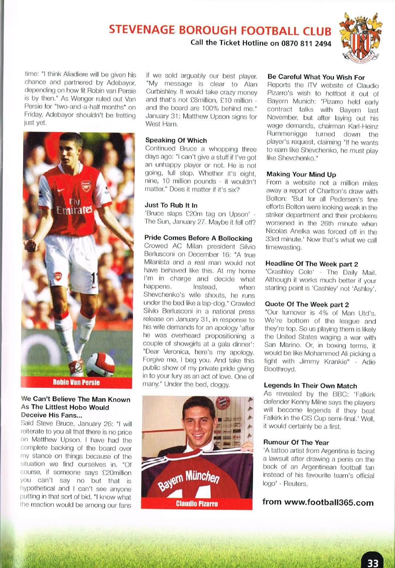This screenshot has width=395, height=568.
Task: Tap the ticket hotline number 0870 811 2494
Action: click(x=306, y=43)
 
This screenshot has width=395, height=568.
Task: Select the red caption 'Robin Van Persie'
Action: click(x=76, y=382)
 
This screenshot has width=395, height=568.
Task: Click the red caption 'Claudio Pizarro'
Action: click(x=197, y=503)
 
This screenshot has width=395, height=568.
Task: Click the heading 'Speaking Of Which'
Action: click(x=176, y=140)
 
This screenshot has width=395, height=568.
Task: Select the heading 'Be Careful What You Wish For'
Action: click(x=316, y=77)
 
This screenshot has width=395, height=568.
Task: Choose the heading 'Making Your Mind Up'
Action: click(x=301, y=174)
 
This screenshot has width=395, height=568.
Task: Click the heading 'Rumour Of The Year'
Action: click(x=296, y=443)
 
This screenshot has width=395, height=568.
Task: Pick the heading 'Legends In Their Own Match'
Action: click(x=310, y=386)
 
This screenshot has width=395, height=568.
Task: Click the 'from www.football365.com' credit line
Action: click(x=318, y=503)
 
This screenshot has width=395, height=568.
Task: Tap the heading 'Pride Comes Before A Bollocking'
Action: click(x=198, y=238)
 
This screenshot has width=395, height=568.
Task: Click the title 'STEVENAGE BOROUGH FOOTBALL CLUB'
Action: click(x=220, y=30)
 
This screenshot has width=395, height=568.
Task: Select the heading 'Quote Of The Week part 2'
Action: click(x=306, y=305)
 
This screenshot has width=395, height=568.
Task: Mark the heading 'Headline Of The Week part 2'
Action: click(x=312, y=264)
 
